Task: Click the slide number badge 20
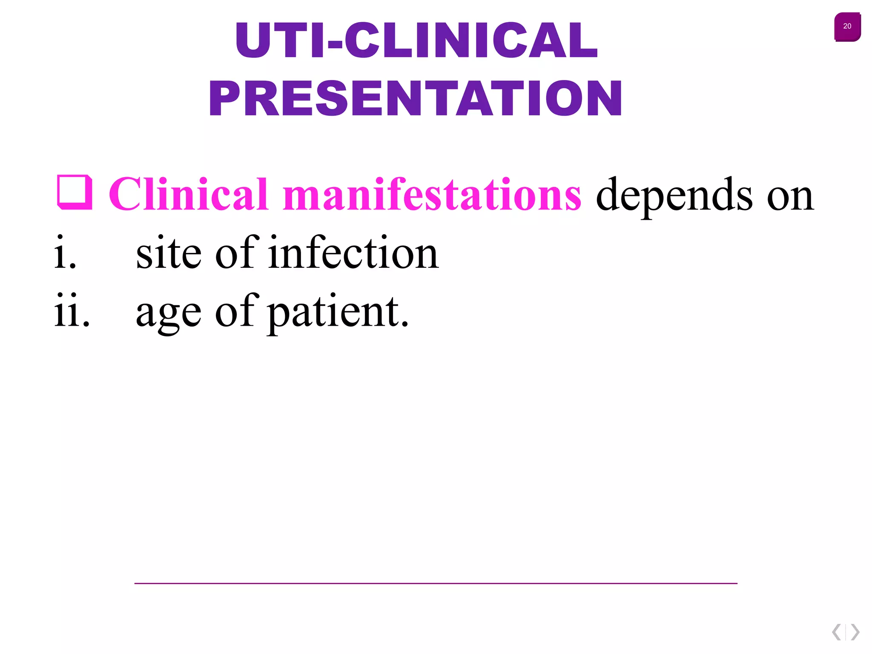pyautogui.click(x=847, y=26)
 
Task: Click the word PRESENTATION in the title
pyautogui.click(x=416, y=99)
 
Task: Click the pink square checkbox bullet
pyautogui.click(x=75, y=192)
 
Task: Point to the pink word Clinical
pyautogui.click(x=189, y=194)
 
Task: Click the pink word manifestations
pyautogui.click(x=432, y=194)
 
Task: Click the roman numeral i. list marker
pyautogui.click(x=65, y=253)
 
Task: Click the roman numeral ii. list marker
pyautogui.click(x=72, y=311)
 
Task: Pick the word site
pyautogui.click(x=169, y=253)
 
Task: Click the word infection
pyautogui.click(x=353, y=253)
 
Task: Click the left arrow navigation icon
pyautogui.click(x=837, y=632)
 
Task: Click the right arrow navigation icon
pyautogui.click(x=855, y=632)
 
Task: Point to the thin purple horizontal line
pyautogui.click(x=436, y=583)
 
